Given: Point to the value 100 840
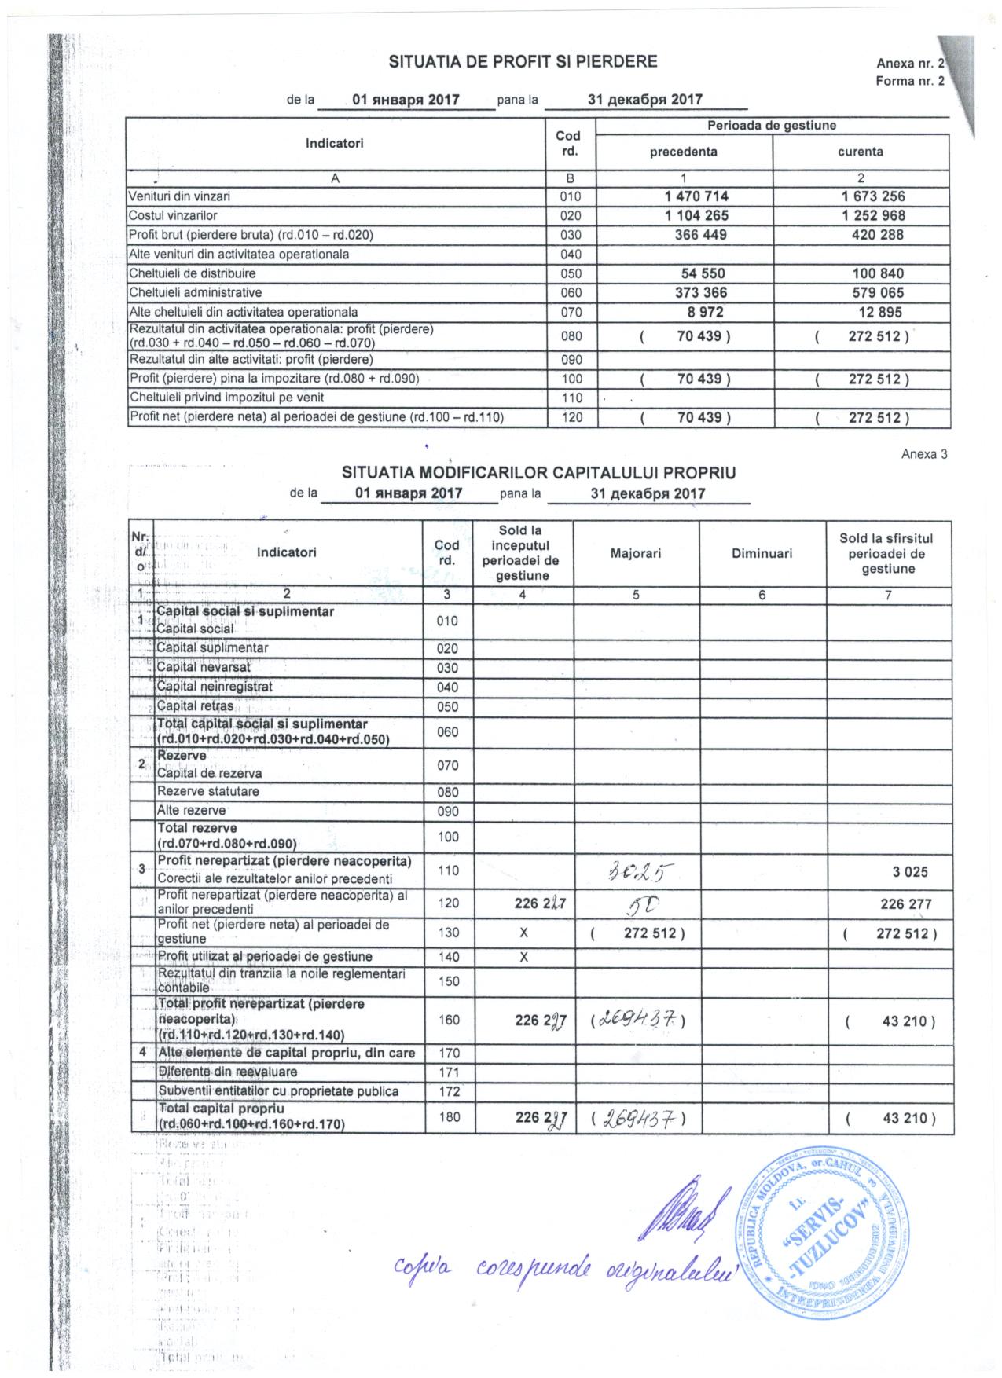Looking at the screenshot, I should [878, 273].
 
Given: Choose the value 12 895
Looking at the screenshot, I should [877, 312].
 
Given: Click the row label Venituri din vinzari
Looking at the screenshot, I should [180, 196].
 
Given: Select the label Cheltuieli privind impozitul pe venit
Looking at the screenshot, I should [227, 398].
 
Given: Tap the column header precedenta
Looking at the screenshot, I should [683, 152].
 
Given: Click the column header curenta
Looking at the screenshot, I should [861, 152].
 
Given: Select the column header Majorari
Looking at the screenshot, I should [636, 553].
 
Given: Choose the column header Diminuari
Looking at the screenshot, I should [762, 553].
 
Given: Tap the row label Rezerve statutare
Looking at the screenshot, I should [208, 791].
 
